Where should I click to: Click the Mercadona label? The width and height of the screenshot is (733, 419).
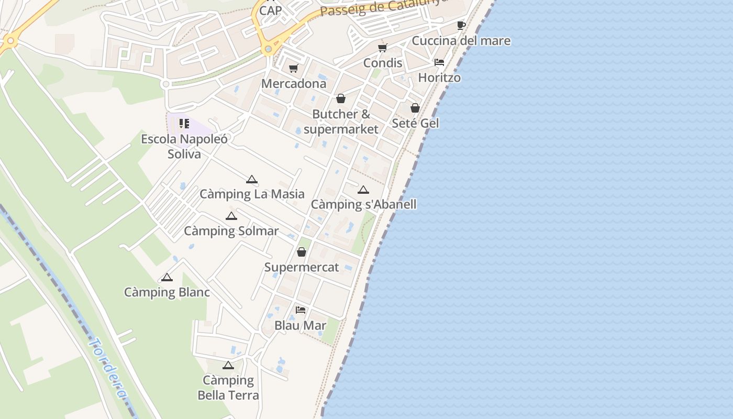pos(294,83)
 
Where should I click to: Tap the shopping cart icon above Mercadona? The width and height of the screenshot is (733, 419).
pos(294,69)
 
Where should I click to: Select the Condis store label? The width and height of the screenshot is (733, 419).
pos(383,63)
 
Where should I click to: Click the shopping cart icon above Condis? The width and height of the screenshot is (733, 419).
pos(383,48)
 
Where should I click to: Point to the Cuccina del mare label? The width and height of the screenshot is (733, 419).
pos(461,41)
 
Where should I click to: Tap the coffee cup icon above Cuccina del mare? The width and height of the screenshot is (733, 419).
pos(461,25)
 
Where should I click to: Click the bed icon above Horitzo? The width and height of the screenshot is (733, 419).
pos(439,62)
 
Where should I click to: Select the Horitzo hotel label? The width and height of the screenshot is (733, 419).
pos(439,78)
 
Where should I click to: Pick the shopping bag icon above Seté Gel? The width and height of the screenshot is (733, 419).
pos(415,108)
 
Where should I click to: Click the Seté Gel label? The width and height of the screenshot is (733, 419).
pos(415,123)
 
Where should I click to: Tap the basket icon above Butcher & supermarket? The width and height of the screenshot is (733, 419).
pos(341,98)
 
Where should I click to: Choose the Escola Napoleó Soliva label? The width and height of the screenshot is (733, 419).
pos(184,146)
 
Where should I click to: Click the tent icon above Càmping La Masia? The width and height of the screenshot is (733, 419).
pos(252,179)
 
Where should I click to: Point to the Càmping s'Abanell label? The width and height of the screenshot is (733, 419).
pos(363,204)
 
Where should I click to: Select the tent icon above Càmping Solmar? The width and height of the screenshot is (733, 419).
pos(231,216)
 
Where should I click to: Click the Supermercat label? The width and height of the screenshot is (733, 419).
pos(301,267)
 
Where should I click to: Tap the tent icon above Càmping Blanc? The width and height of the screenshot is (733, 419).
pos(167,277)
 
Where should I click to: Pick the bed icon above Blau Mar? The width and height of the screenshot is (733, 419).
pos(301,310)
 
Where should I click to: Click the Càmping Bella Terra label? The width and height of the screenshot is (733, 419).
pos(228,388)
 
